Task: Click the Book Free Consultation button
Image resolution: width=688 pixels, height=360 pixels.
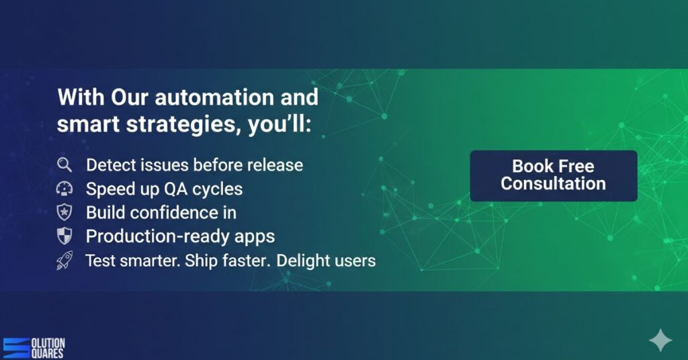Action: point(553,175)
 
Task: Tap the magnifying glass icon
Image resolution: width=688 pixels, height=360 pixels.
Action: point(64,165)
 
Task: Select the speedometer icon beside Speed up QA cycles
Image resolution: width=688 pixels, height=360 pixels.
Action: point(64,189)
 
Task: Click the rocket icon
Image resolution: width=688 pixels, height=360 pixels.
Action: point(64,260)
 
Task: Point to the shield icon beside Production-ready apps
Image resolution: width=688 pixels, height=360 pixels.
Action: point(64,236)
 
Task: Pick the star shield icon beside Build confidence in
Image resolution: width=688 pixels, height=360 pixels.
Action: point(64,212)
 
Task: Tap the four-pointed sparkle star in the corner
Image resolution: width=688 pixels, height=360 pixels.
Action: point(660,341)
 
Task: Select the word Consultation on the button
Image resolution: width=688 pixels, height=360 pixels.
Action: point(553,183)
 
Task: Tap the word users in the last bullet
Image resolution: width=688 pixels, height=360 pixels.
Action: point(357,260)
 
